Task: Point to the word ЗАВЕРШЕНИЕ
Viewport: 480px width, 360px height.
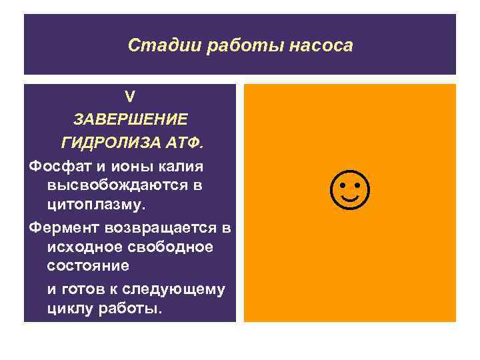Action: tap(130, 119)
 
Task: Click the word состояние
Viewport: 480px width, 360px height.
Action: tap(89, 265)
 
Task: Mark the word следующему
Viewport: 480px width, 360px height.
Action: tap(177, 290)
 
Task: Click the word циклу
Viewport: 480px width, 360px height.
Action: tap(69, 309)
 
